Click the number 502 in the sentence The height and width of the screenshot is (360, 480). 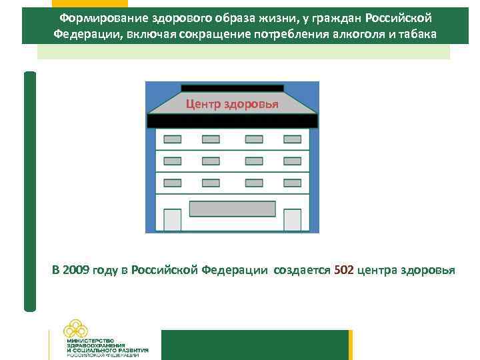click(344, 270)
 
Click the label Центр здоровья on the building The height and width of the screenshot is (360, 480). click(232, 105)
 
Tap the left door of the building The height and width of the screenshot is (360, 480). click(173, 220)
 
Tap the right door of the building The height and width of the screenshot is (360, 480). click(292, 220)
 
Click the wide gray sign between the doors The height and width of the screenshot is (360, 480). click(232, 209)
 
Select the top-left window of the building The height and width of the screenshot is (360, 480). click(173, 139)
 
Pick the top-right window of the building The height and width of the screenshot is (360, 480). click(292, 139)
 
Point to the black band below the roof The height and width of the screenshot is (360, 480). click(232, 121)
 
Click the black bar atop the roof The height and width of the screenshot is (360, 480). click(232, 88)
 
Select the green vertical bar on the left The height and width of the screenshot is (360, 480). click(29, 191)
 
